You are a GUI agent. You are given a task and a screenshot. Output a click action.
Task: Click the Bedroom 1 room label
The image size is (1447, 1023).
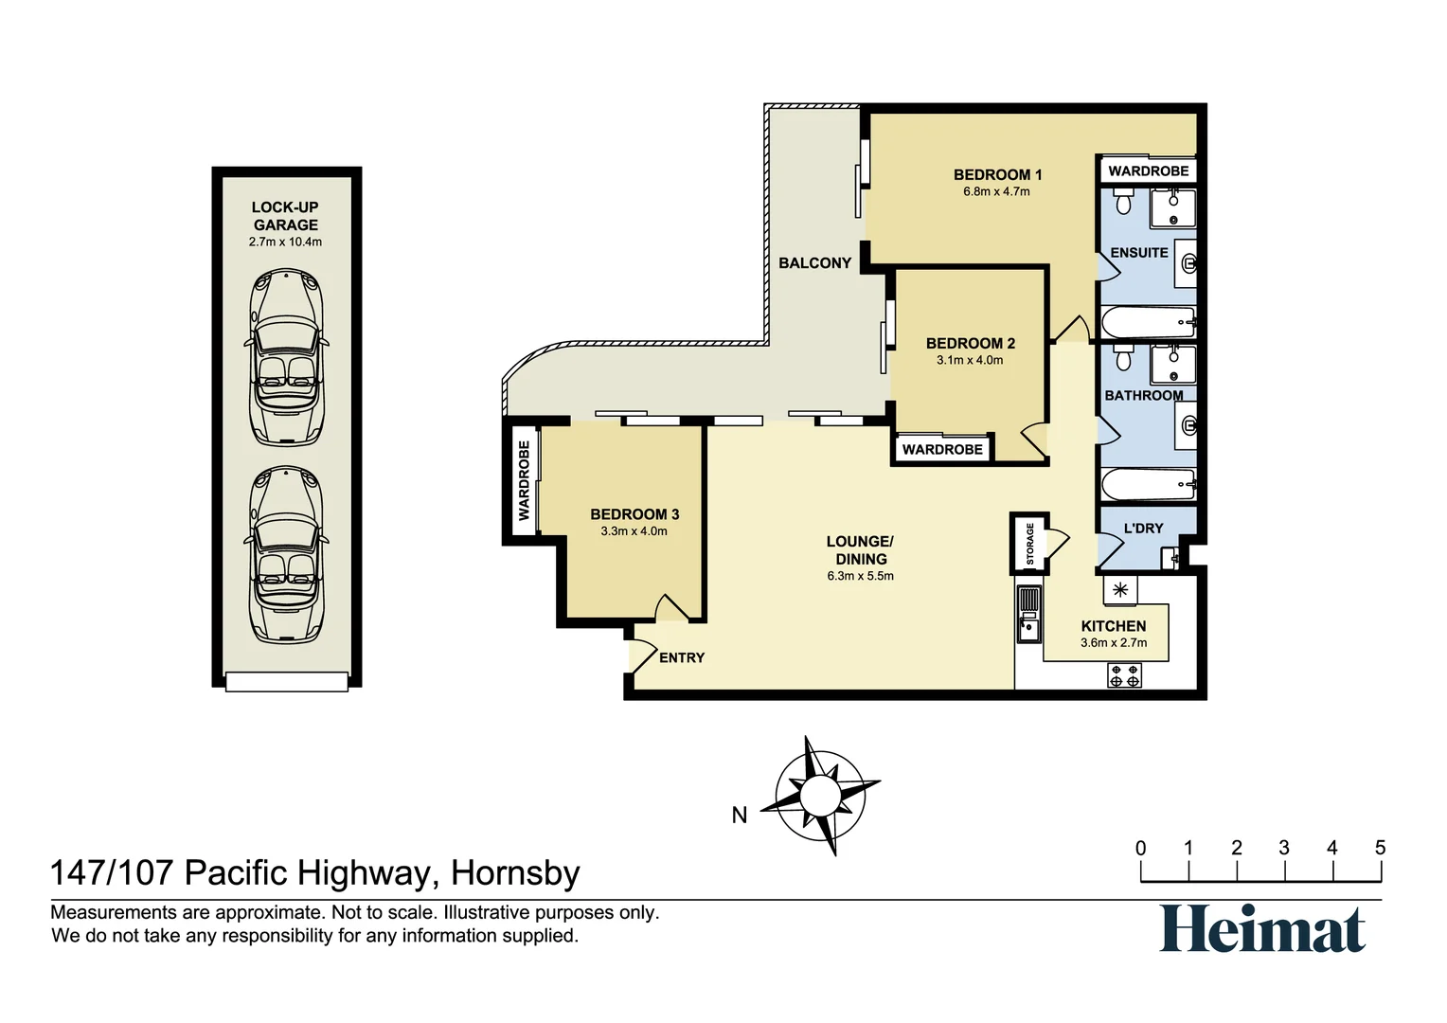tap(997, 174)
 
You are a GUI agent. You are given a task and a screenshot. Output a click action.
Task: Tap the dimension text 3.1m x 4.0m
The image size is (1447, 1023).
tap(970, 360)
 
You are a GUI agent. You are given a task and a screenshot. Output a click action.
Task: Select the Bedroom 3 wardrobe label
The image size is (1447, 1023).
tap(524, 480)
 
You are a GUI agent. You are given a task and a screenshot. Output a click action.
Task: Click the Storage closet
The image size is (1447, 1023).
tap(1029, 544)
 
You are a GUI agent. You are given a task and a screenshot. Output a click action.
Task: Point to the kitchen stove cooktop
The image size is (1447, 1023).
tap(1124, 675)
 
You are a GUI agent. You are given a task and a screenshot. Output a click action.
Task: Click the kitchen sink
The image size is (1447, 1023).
tap(1027, 625)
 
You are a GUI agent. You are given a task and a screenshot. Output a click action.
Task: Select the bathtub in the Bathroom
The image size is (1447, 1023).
tap(1148, 484)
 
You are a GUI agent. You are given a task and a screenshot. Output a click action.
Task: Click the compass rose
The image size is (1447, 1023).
tap(816, 796)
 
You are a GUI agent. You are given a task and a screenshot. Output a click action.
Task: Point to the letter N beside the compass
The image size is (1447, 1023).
tap(740, 815)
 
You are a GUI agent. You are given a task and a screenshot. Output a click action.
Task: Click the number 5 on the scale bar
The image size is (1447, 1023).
tap(1380, 848)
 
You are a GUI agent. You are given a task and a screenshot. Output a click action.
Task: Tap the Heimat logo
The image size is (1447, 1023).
tap(1262, 928)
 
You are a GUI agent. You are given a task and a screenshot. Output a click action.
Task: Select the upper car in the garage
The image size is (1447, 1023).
tap(286, 357)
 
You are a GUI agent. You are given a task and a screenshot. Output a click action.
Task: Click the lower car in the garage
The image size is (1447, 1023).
tap(286, 556)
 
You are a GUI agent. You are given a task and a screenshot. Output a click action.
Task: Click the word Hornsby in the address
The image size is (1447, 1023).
tap(515, 872)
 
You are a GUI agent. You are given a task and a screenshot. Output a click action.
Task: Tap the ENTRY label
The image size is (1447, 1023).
tap(682, 657)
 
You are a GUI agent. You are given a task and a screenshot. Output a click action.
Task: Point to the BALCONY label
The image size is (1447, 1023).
tap(814, 263)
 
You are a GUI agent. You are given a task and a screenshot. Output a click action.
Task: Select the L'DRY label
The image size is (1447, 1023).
tap(1143, 529)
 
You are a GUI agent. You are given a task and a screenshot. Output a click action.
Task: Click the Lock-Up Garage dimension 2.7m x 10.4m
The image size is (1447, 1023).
tap(285, 242)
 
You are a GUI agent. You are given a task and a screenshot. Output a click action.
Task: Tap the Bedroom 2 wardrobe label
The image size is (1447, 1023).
tap(942, 449)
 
